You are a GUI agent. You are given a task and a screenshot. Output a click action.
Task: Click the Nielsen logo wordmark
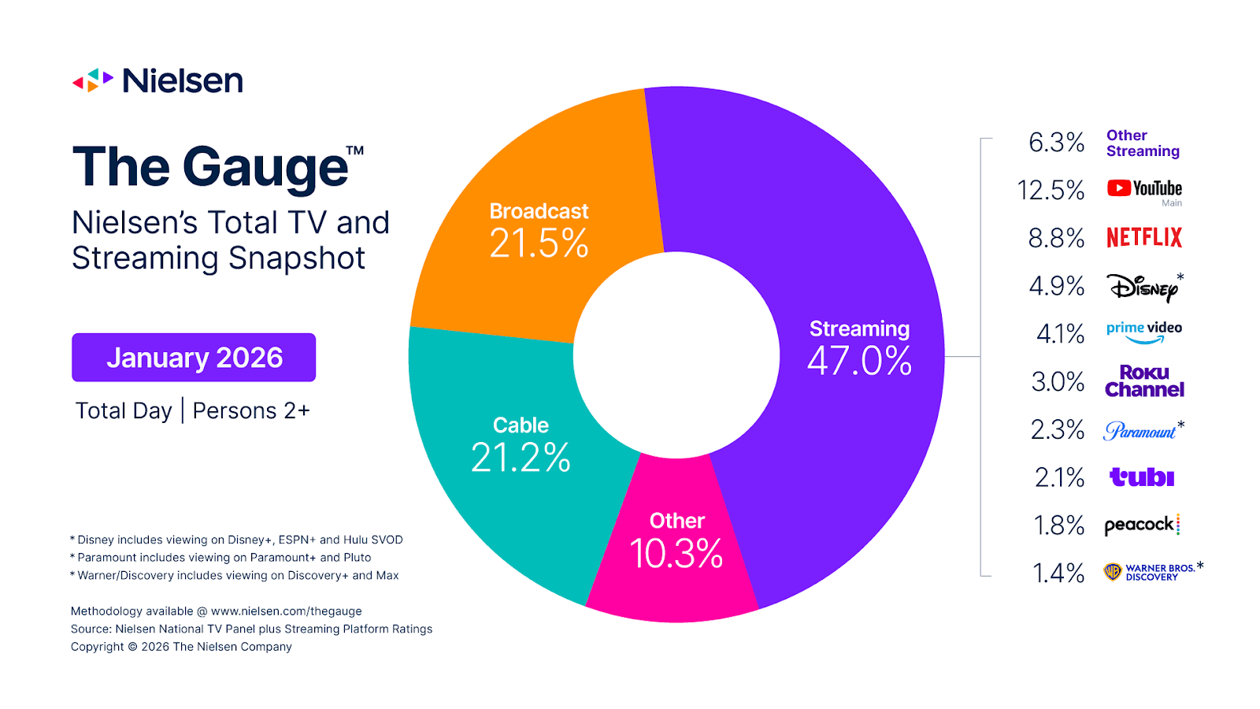pyautogui.click(x=182, y=80)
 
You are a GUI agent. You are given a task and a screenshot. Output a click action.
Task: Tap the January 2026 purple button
pyautogui.click(x=194, y=358)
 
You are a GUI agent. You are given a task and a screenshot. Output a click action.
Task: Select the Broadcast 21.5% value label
pyautogui.click(x=539, y=243)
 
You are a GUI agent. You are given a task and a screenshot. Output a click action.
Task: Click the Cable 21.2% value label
pyautogui.click(x=521, y=458)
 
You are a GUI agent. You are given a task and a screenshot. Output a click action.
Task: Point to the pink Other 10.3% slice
pyautogui.click(x=676, y=551)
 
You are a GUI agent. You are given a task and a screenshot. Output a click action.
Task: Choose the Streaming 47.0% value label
pyautogui.click(x=859, y=361)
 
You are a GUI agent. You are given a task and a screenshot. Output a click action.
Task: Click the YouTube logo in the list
pyautogui.click(x=1144, y=188)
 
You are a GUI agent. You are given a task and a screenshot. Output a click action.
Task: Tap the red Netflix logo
pyautogui.click(x=1144, y=238)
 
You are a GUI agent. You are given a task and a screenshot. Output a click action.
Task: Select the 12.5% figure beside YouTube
pyautogui.click(x=1051, y=190)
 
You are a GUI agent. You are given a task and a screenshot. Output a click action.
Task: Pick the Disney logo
pyautogui.click(x=1143, y=288)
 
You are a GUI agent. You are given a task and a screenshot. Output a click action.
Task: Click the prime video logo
pyautogui.click(x=1143, y=332)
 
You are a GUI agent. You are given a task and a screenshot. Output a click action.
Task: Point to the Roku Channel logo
pyautogui.click(x=1144, y=381)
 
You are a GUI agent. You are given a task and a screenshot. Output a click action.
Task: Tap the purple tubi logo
pyautogui.click(x=1142, y=477)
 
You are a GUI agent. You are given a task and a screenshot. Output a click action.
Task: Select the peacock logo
pyautogui.click(x=1141, y=525)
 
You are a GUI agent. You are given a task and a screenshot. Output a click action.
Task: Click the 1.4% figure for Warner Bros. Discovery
pyautogui.click(x=1058, y=573)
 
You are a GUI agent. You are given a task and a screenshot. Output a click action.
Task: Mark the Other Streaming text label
pyautogui.click(x=1142, y=143)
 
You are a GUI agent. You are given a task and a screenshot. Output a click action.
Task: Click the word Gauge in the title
pyautogui.click(x=265, y=168)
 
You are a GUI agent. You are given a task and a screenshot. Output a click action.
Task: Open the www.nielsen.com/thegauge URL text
pyautogui.click(x=287, y=611)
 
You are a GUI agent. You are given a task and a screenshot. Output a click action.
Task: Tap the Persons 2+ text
pyautogui.click(x=251, y=410)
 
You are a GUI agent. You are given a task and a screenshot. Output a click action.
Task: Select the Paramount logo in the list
pyautogui.click(x=1140, y=431)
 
